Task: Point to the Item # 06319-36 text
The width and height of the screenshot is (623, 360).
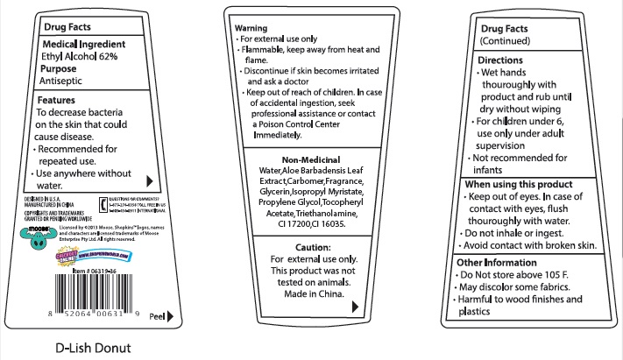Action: [x=96, y=272]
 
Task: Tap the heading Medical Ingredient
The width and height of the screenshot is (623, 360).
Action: [x=83, y=44]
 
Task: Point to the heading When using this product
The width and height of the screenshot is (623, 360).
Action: [x=519, y=185]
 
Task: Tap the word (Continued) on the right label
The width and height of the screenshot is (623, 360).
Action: [x=509, y=40]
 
